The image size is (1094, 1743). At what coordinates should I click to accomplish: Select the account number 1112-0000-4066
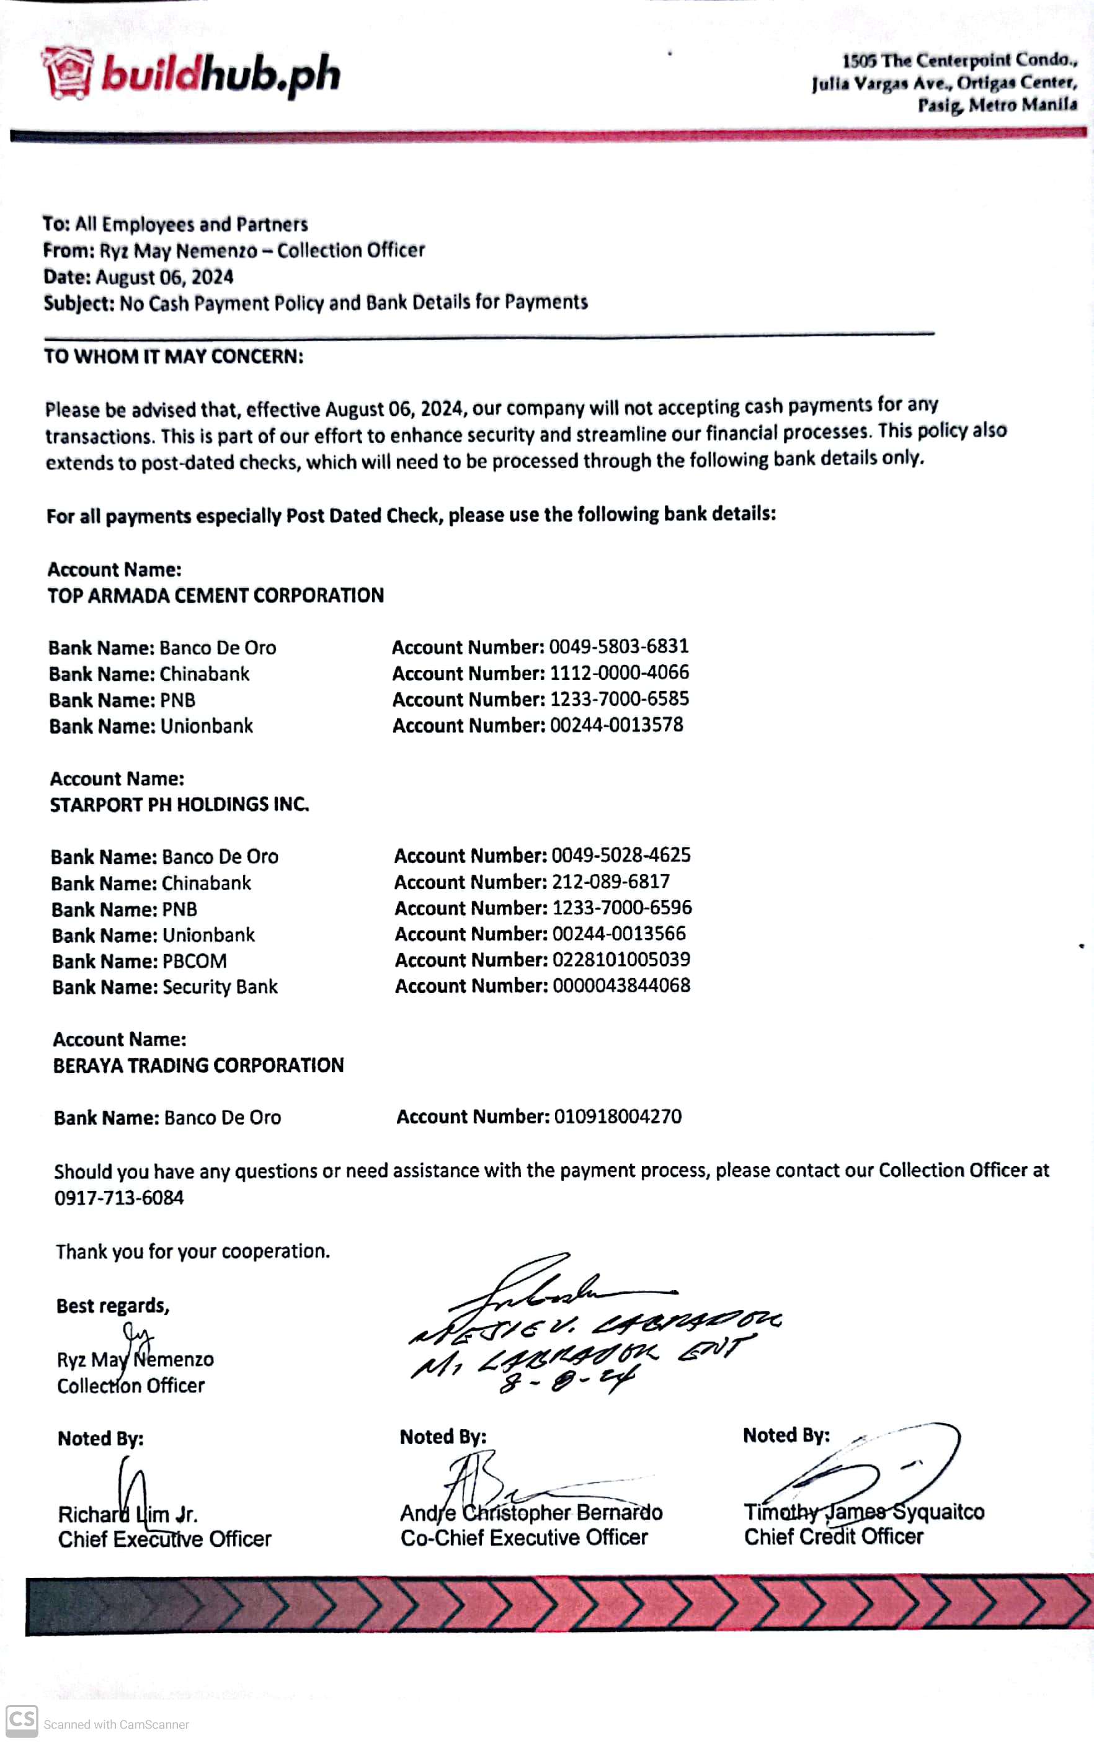click(619, 672)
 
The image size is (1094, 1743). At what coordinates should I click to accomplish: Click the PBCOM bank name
click(194, 961)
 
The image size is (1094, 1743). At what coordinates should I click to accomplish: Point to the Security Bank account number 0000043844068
click(621, 986)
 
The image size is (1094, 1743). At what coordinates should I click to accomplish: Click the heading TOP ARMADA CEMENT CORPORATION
click(216, 595)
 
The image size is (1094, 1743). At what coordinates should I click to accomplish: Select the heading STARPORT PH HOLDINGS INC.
click(179, 805)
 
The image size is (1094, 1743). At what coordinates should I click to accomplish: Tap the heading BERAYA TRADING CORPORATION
click(198, 1065)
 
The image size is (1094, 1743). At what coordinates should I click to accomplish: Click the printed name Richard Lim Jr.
click(128, 1514)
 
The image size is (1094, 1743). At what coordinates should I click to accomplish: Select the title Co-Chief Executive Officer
click(524, 1538)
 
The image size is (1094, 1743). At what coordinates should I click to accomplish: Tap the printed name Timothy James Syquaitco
click(864, 1512)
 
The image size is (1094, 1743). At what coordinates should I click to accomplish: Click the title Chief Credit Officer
click(834, 1537)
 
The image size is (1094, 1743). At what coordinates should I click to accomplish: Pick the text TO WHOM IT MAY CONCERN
click(174, 357)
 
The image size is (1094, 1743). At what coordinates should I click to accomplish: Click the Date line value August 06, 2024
click(164, 277)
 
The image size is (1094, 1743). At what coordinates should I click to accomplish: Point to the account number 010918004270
click(617, 1117)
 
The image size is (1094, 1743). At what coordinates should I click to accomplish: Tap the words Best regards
click(113, 1306)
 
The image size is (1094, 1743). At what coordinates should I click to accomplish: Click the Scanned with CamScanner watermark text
click(116, 1725)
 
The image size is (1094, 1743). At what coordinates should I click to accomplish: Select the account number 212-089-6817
click(611, 881)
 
